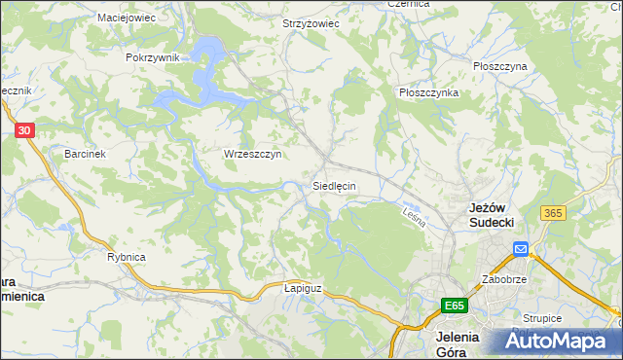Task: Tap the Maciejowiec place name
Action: click(128, 18)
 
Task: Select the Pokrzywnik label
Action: click(153, 57)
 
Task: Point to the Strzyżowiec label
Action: click(310, 23)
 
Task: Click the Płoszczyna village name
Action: click(499, 66)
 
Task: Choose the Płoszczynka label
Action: click(428, 92)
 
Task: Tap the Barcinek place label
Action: click(85, 154)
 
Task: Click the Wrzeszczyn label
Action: click(252, 154)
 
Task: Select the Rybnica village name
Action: click(126, 257)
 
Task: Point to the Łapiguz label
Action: click(302, 288)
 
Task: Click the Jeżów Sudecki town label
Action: click(492, 215)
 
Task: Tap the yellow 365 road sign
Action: click(555, 213)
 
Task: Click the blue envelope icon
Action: click(521, 250)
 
